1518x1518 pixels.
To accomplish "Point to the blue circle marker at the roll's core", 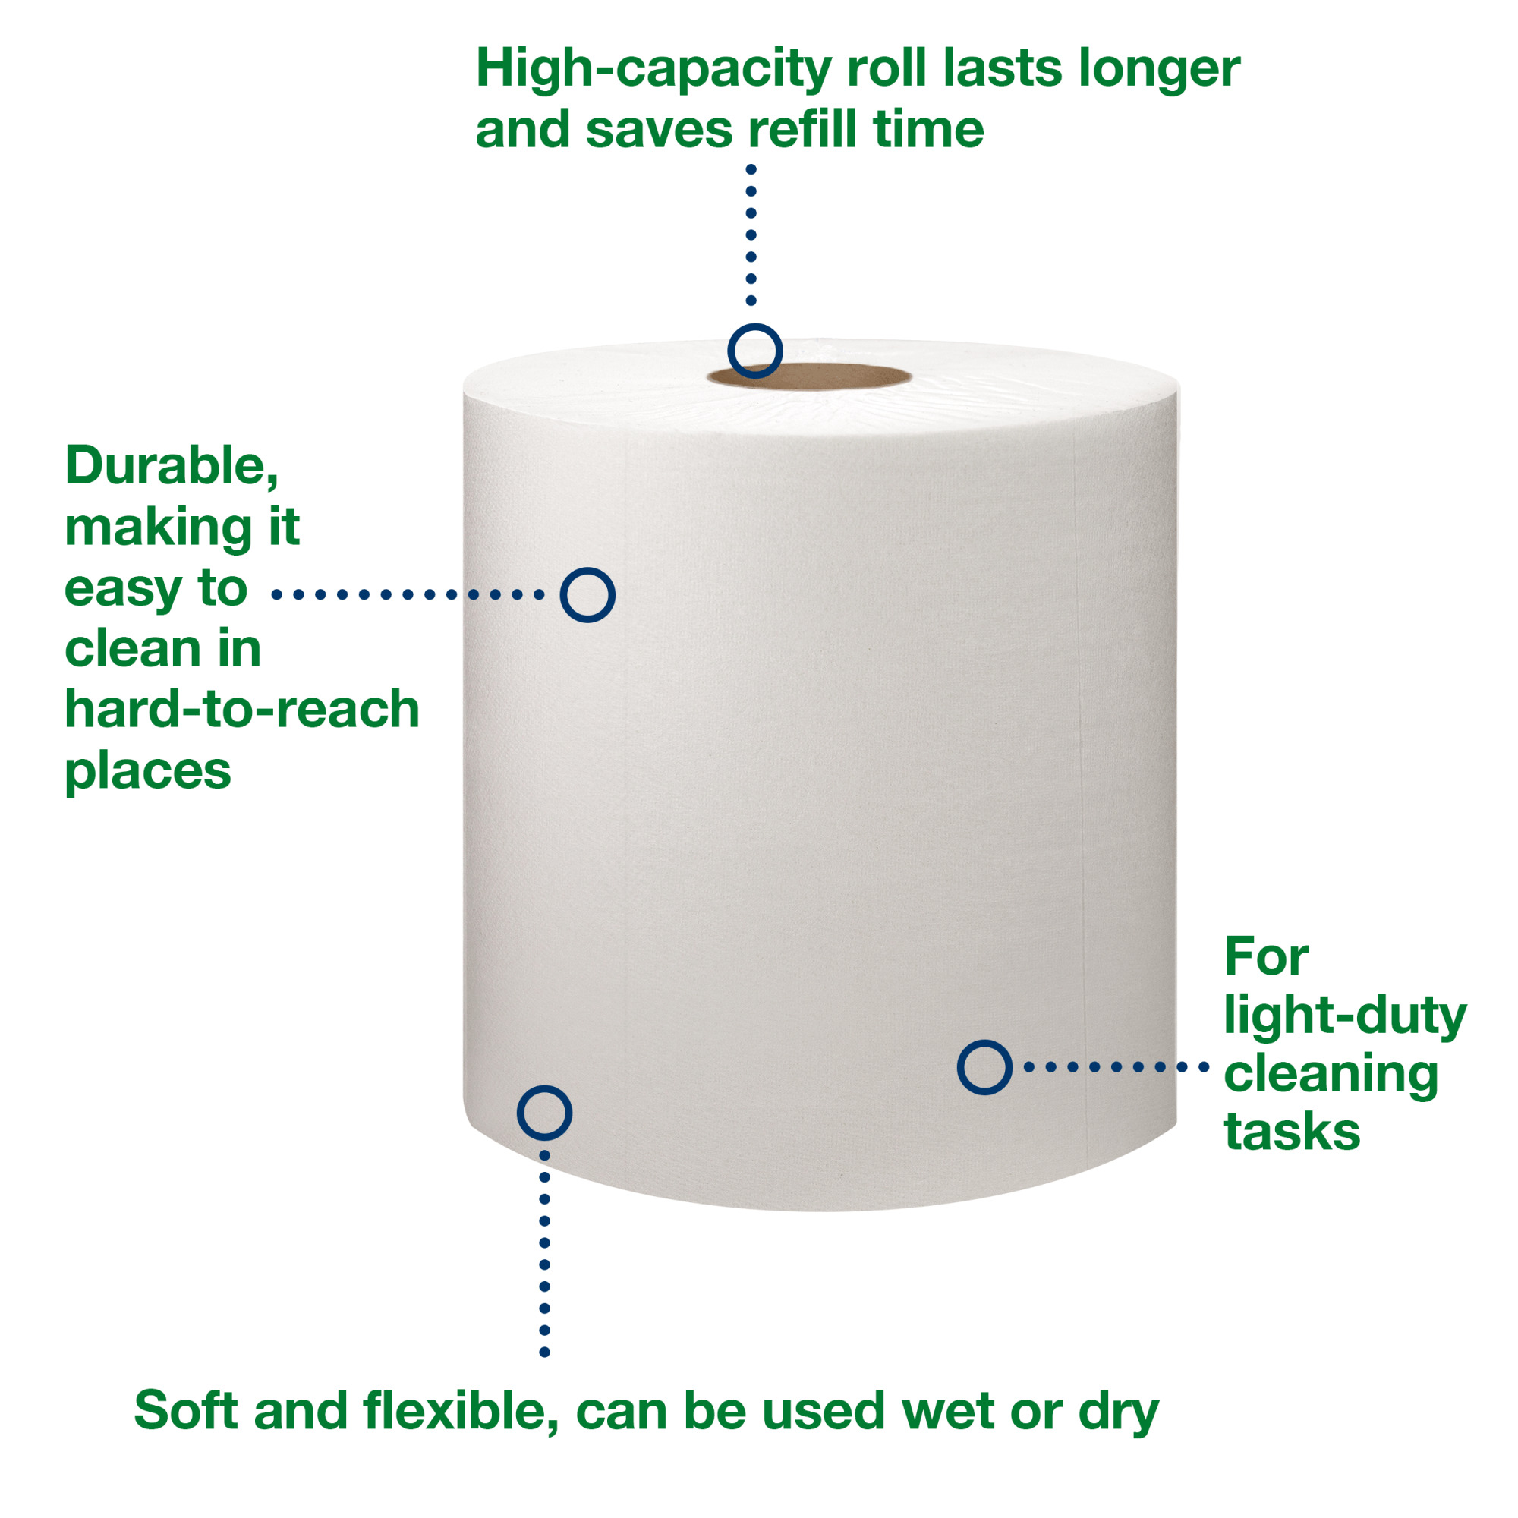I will coord(754,351).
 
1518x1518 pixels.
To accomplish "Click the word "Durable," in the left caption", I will coord(172,466).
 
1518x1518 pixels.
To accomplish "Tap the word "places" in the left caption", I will coord(148,772).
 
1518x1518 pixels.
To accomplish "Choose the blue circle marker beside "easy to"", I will coord(587,595).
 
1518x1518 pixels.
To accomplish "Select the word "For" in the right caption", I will coord(1266,958).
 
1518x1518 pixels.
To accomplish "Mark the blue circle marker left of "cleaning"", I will coord(984,1067).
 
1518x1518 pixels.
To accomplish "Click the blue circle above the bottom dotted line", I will coord(543,1113).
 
